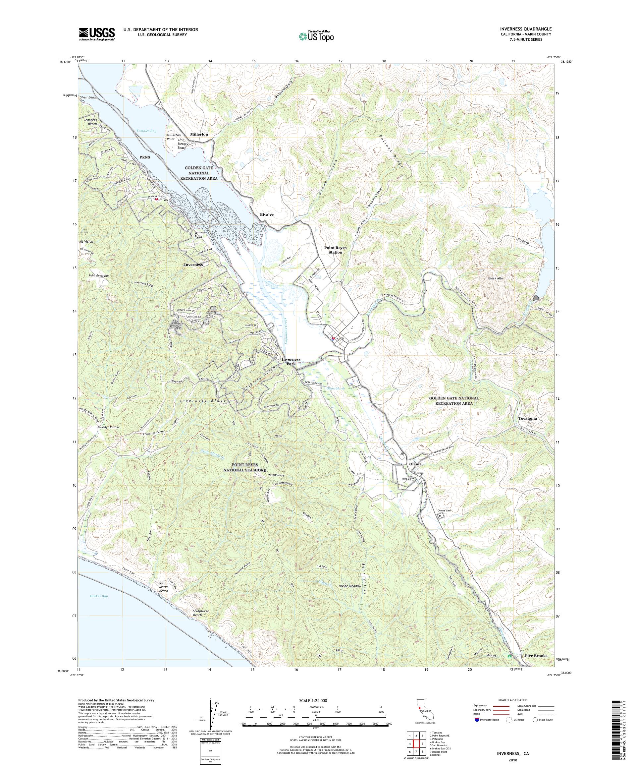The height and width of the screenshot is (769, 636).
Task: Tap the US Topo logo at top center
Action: coord(317,35)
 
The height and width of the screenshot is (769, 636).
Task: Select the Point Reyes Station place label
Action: coord(335,250)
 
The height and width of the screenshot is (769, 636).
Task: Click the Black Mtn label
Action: coord(496,278)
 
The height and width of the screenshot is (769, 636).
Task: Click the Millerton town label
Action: coord(199,134)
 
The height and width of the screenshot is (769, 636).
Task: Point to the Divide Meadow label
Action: coord(350,596)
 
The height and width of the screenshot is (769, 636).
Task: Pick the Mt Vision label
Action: coord(86,242)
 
